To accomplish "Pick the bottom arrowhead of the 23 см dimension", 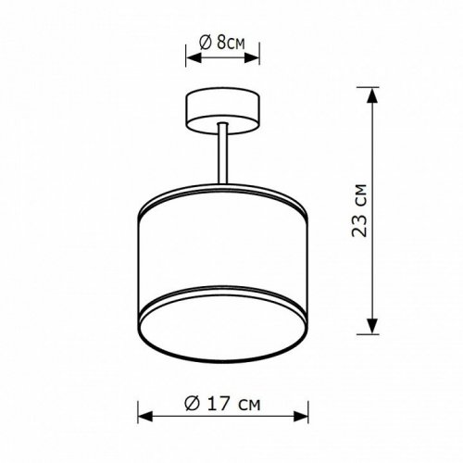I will (x=372, y=329).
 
